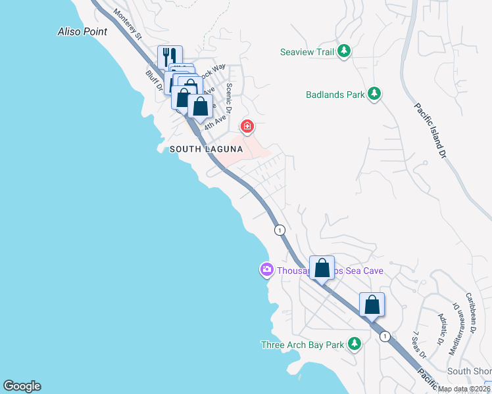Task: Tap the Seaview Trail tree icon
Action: pos(343,51)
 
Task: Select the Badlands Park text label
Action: pos(335,95)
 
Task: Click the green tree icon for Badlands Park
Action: pos(374,94)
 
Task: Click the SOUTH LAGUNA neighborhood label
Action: pos(207,150)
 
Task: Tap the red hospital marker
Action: pos(247,125)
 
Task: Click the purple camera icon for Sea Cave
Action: pos(266,269)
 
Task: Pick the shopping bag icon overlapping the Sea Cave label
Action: pos(322,268)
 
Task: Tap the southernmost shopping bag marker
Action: pos(372,305)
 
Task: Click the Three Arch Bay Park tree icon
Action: pos(355,343)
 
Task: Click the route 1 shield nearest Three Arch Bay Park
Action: pos(385,336)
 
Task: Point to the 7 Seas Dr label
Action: pos(416,343)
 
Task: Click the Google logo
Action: pos(22,386)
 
